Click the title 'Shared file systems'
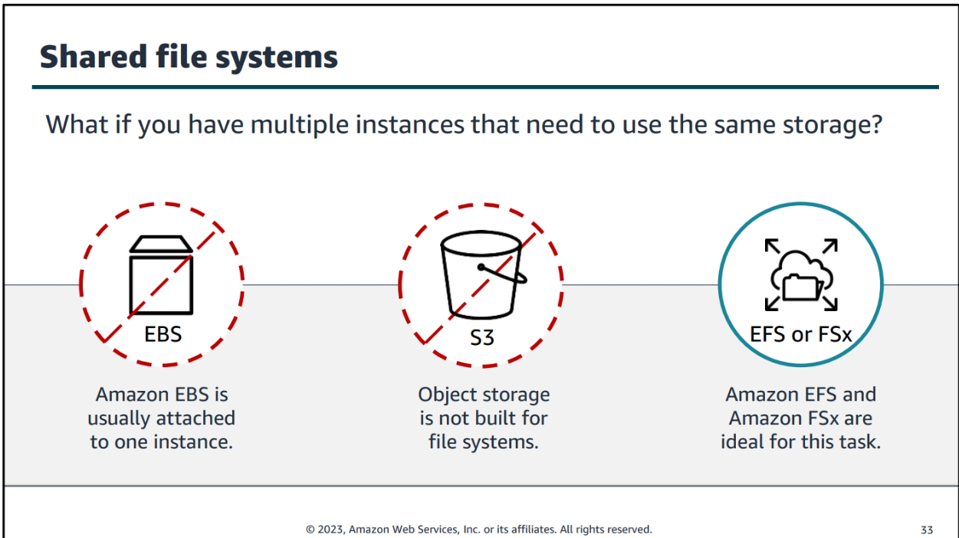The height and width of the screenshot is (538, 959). click(189, 57)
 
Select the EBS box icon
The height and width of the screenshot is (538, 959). click(162, 275)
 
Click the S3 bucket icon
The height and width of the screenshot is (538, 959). click(482, 275)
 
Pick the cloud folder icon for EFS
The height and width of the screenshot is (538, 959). click(801, 274)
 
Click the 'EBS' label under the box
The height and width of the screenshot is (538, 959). click(163, 334)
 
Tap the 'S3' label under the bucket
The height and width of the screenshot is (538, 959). click(482, 338)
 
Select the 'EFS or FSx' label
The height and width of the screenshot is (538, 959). click(800, 334)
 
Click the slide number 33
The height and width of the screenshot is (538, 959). click(927, 530)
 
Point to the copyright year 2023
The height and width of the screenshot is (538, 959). click(330, 530)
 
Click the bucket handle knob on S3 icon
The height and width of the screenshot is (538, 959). click(481, 267)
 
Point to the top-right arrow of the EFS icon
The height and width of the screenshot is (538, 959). click(830, 246)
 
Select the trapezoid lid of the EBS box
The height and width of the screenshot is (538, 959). click(162, 244)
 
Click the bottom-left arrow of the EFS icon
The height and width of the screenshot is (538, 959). click(773, 303)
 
